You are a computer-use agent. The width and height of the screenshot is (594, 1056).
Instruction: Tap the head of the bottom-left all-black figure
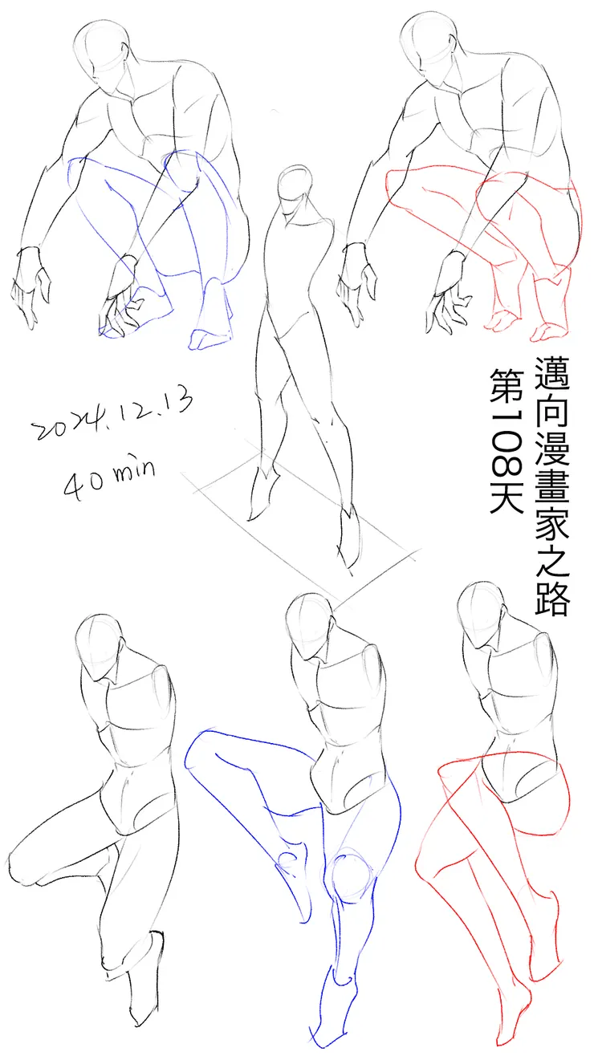[100, 643]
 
